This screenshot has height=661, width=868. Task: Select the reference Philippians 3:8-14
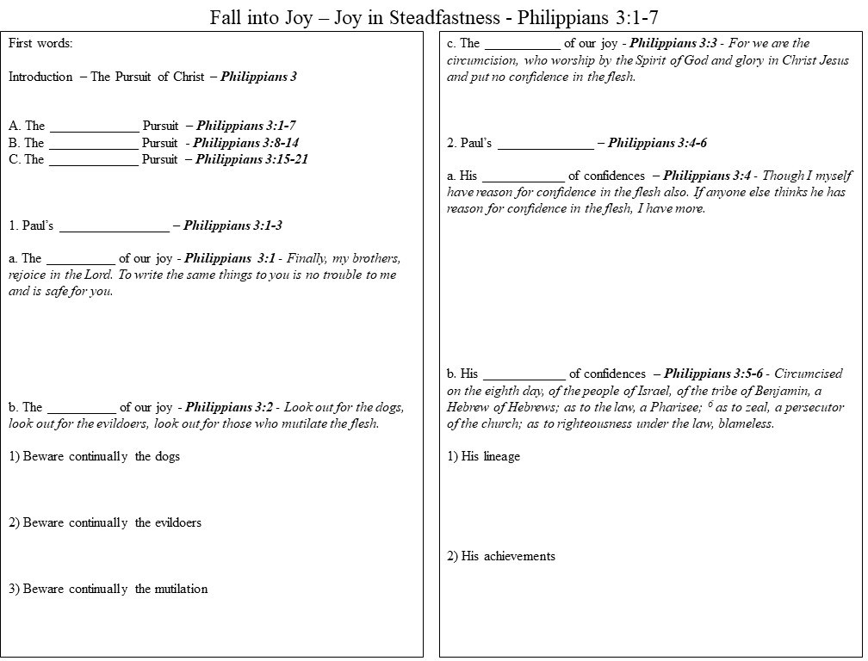coord(246,143)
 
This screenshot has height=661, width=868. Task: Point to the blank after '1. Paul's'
coord(115,227)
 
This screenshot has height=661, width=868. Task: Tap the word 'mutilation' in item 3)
coord(183,589)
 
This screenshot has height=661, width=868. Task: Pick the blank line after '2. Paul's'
coord(545,144)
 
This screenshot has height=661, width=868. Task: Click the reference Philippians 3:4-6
coord(657,143)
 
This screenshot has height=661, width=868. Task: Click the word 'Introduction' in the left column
coord(40,77)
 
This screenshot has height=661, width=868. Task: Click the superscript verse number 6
coord(710,404)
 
